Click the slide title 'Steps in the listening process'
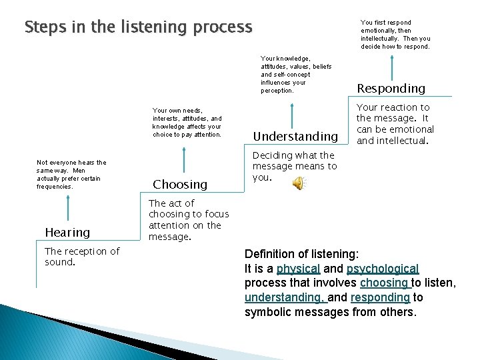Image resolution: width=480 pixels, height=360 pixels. (x=138, y=27)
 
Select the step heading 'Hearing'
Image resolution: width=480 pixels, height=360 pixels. (x=67, y=233)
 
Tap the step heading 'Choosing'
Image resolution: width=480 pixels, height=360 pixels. (x=180, y=185)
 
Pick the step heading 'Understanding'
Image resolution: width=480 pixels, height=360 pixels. (x=295, y=137)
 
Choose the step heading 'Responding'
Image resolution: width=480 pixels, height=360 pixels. (x=391, y=89)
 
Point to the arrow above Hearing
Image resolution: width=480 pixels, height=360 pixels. (x=67, y=210)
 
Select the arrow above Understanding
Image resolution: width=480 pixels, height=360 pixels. (x=291, y=113)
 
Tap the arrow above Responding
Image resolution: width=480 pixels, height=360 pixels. (x=391, y=66)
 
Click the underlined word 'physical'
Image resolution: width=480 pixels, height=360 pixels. (x=298, y=269)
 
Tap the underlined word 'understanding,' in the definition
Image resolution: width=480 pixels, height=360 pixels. (x=283, y=298)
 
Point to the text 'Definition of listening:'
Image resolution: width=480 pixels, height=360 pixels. (x=301, y=254)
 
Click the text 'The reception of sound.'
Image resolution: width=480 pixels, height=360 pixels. (x=81, y=257)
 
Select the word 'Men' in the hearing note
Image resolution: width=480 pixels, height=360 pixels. (x=79, y=171)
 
